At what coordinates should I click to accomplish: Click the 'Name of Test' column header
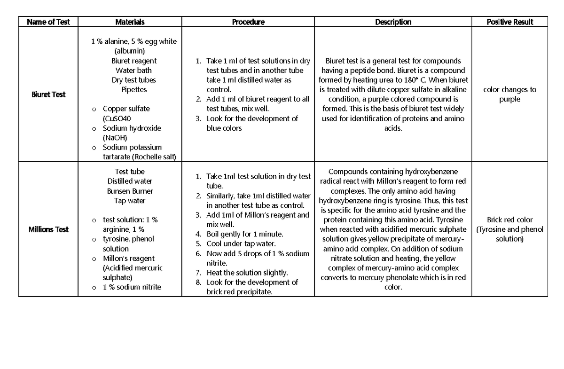[x=48, y=22]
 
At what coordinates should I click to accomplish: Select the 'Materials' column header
[x=130, y=22]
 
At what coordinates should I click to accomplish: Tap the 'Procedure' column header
[x=248, y=22]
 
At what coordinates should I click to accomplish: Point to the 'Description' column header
[x=393, y=22]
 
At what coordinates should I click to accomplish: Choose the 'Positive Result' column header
[x=510, y=22]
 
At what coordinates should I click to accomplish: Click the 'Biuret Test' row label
[x=48, y=94]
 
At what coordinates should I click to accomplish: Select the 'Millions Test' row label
[x=48, y=229]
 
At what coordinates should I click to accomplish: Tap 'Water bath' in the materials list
[x=133, y=71]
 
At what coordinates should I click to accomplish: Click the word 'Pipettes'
[x=134, y=89]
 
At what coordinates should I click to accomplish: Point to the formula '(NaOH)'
[x=115, y=138]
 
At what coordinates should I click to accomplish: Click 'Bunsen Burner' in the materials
[x=130, y=191]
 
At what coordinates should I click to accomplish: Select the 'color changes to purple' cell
[x=510, y=94]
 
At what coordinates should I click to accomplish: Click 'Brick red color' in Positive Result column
[x=510, y=220]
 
